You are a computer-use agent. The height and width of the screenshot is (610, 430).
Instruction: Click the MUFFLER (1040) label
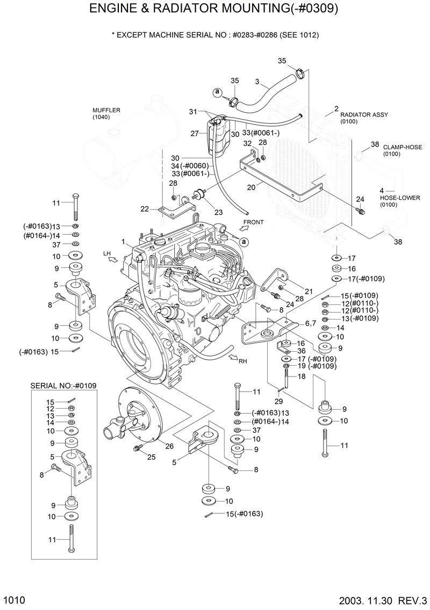tap(106, 113)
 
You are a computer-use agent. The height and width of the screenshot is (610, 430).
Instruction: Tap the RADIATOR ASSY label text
tap(364, 115)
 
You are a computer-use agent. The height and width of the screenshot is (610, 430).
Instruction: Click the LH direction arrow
tap(112, 259)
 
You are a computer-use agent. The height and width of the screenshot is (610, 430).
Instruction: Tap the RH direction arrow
tap(232, 357)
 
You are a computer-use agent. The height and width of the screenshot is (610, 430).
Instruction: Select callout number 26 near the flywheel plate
tap(169, 446)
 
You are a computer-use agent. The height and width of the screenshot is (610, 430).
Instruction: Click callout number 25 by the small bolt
tap(151, 457)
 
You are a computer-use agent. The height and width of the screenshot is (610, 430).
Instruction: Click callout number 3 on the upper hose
tap(257, 82)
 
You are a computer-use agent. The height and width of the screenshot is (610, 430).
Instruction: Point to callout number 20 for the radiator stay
tap(250, 187)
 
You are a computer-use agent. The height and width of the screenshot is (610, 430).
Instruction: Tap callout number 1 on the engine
tap(124, 242)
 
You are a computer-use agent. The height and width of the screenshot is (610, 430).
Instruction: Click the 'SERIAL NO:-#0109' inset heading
tap(63, 386)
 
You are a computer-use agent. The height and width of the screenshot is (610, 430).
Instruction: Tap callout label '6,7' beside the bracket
tap(310, 323)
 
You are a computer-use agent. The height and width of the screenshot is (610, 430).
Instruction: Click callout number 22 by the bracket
tap(144, 209)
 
